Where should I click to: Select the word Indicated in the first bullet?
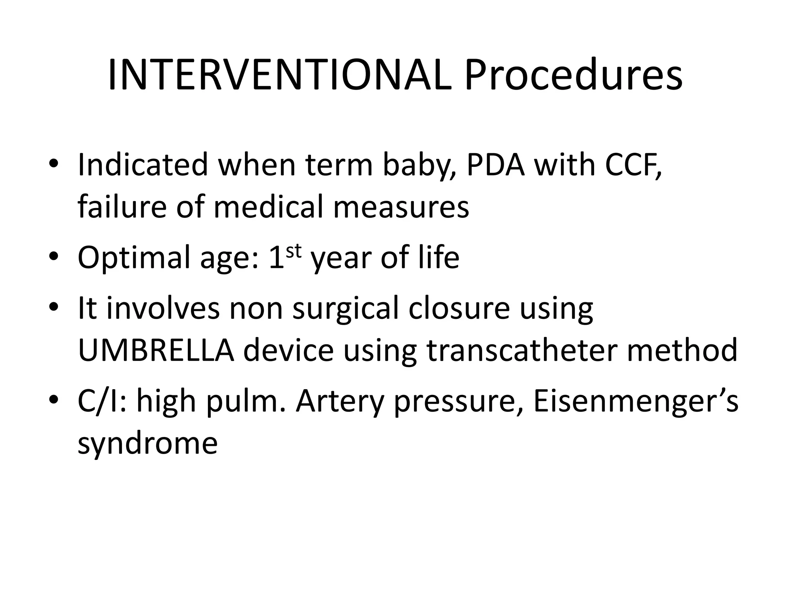point(143,165)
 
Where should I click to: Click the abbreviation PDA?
point(496,165)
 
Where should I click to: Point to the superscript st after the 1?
point(294,251)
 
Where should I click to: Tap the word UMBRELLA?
point(156,351)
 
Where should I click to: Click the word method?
point(682,351)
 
